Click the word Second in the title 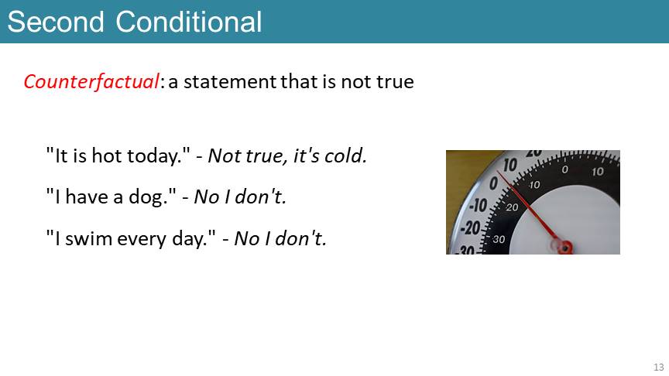coord(56,22)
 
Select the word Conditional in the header coord(189,22)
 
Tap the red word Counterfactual coord(91,81)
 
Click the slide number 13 coord(659,367)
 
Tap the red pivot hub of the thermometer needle coord(566,247)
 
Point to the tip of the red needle coord(497,172)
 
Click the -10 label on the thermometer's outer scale coord(478,206)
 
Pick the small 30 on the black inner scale coord(499,239)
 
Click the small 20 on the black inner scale coord(512,207)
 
